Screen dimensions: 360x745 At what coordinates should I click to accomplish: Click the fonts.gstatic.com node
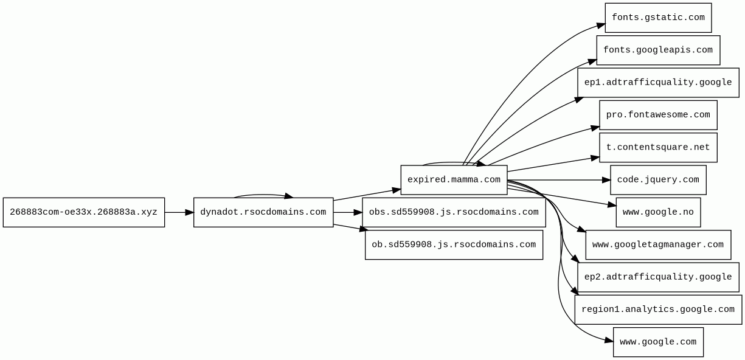pyautogui.click(x=658, y=18)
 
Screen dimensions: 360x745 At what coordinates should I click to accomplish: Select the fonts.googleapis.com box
pyautogui.click(x=658, y=50)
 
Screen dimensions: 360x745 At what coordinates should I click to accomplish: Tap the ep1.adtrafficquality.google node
pyautogui.click(x=658, y=83)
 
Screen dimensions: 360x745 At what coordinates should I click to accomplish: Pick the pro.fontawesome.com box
pyautogui.click(x=658, y=115)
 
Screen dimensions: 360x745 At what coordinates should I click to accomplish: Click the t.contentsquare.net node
pyautogui.click(x=658, y=147)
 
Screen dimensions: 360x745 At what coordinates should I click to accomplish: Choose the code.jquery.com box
pyautogui.click(x=658, y=180)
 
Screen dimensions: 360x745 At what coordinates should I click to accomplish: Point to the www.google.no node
pyautogui.click(x=658, y=212)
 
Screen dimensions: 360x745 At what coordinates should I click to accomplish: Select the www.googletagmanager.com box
pyautogui.click(x=658, y=244)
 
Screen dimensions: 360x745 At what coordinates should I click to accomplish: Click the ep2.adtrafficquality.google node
pyautogui.click(x=658, y=277)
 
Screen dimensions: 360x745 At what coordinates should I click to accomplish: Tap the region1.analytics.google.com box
pyautogui.click(x=658, y=310)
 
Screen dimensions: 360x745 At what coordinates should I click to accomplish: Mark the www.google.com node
pyautogui.click(x=658, y=342)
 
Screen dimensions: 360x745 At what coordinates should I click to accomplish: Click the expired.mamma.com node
pyautogui.click(x=454, y=180)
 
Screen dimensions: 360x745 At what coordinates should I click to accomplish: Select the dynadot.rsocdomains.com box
pyautogui.click(x=263, y=212)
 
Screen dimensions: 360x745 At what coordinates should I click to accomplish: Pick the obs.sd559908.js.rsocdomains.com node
pyautogui.click(x=454, y=212)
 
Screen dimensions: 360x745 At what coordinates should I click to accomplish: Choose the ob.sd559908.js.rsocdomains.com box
pyautogui.click(x=454, y=244)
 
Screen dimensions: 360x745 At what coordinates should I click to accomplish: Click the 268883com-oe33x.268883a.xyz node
pyautogui.click(x=84, y=212)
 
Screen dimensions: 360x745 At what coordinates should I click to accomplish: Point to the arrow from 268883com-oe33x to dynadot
pyautogui.click(x=179, y=212)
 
